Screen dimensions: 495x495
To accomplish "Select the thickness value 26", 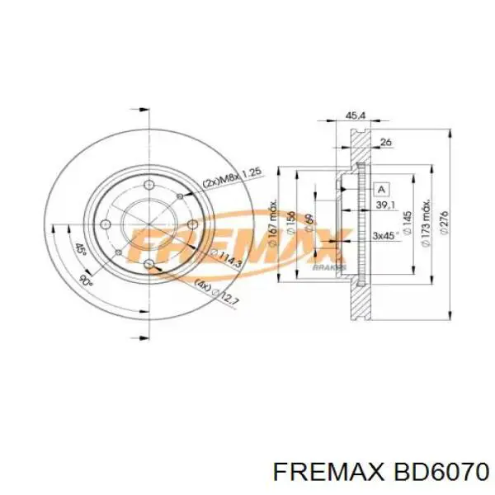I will [385, 143].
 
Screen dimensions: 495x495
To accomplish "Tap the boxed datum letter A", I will [380, 188].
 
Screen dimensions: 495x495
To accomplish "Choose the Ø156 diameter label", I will [290, 221].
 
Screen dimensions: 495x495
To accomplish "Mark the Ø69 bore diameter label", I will [307, 221].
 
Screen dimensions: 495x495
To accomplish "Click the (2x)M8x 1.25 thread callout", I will [232, 177].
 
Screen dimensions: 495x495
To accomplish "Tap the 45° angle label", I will [79, 248].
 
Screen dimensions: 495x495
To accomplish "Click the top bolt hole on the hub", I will [149, 185].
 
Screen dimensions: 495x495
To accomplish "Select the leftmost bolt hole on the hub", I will [106, 225].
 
